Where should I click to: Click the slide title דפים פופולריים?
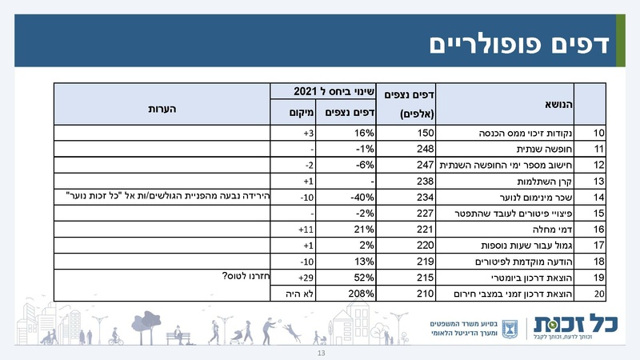[519, 43]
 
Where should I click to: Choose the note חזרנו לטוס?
[243, 277]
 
